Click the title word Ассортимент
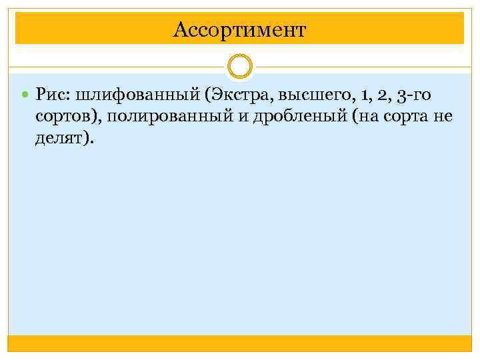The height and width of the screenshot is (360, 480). point(239,29)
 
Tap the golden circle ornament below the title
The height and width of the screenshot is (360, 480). point(240,67)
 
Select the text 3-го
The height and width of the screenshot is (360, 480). point(414,97)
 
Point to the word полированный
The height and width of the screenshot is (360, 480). point(159,117)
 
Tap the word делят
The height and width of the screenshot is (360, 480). point(61,139)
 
